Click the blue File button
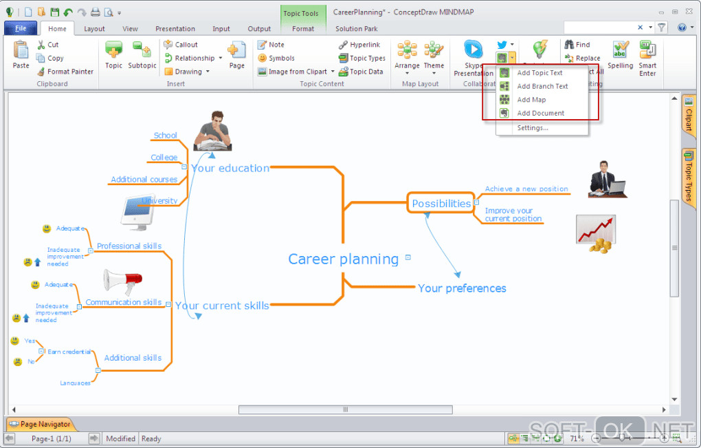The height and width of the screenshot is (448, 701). (x=20, y=28)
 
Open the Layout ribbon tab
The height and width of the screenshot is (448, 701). (x=94, y=29)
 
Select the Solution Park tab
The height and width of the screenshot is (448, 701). (x=356, y=29)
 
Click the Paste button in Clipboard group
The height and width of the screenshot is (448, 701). (x=21, y=54)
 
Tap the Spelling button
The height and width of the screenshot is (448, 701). (x=620, y=54)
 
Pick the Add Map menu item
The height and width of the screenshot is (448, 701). (x=531, y=100)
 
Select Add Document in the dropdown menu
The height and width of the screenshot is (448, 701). (x=540, y=113)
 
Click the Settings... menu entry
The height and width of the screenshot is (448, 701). (x=532, y=128)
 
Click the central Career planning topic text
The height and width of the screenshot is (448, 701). (x=343, y=259)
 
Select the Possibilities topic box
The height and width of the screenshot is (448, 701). (x=441, y=204)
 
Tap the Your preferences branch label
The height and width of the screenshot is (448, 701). (x=462, y=288)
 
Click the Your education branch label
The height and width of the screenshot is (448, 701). (x=230, y=168)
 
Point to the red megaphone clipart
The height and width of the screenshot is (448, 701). (x=122, y=280)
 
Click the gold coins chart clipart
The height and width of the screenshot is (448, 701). (x=596, y=233)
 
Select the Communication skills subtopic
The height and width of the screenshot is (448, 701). (x=124, y=302)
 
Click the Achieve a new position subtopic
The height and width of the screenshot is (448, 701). (x=526, y=189)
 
